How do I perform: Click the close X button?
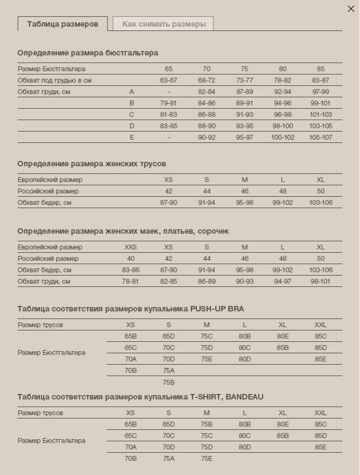coord(351,9)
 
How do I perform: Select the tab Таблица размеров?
coord(62,24)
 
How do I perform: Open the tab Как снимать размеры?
coord(164,24)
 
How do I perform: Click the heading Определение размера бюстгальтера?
coord(87,53)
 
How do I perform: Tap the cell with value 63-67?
coord(168,80)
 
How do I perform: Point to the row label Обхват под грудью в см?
coord(54,80)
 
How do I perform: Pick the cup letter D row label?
coord(131,126)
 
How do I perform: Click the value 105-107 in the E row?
coord(320,137)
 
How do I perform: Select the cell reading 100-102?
coord(282,137)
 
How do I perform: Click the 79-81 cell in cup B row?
coord(168,103)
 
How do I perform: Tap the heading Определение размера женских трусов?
coord(91,164)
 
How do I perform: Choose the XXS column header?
coord(130,247)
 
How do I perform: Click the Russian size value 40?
coord(130,259)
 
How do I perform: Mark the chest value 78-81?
coord(130,282)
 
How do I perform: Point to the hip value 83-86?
coord(130,270)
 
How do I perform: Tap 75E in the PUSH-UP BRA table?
coord(206,359)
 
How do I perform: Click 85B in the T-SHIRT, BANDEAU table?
coord(282,436)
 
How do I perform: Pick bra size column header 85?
coord(320,69)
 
